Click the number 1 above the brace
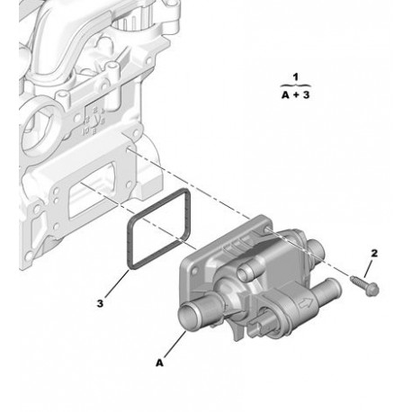296,77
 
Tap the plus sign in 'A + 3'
296,95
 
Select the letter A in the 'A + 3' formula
285,95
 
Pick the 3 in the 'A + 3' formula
306,95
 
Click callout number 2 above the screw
374,254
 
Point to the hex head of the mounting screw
373,290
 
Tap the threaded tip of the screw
353,279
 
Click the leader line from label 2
369,269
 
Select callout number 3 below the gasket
100,303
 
